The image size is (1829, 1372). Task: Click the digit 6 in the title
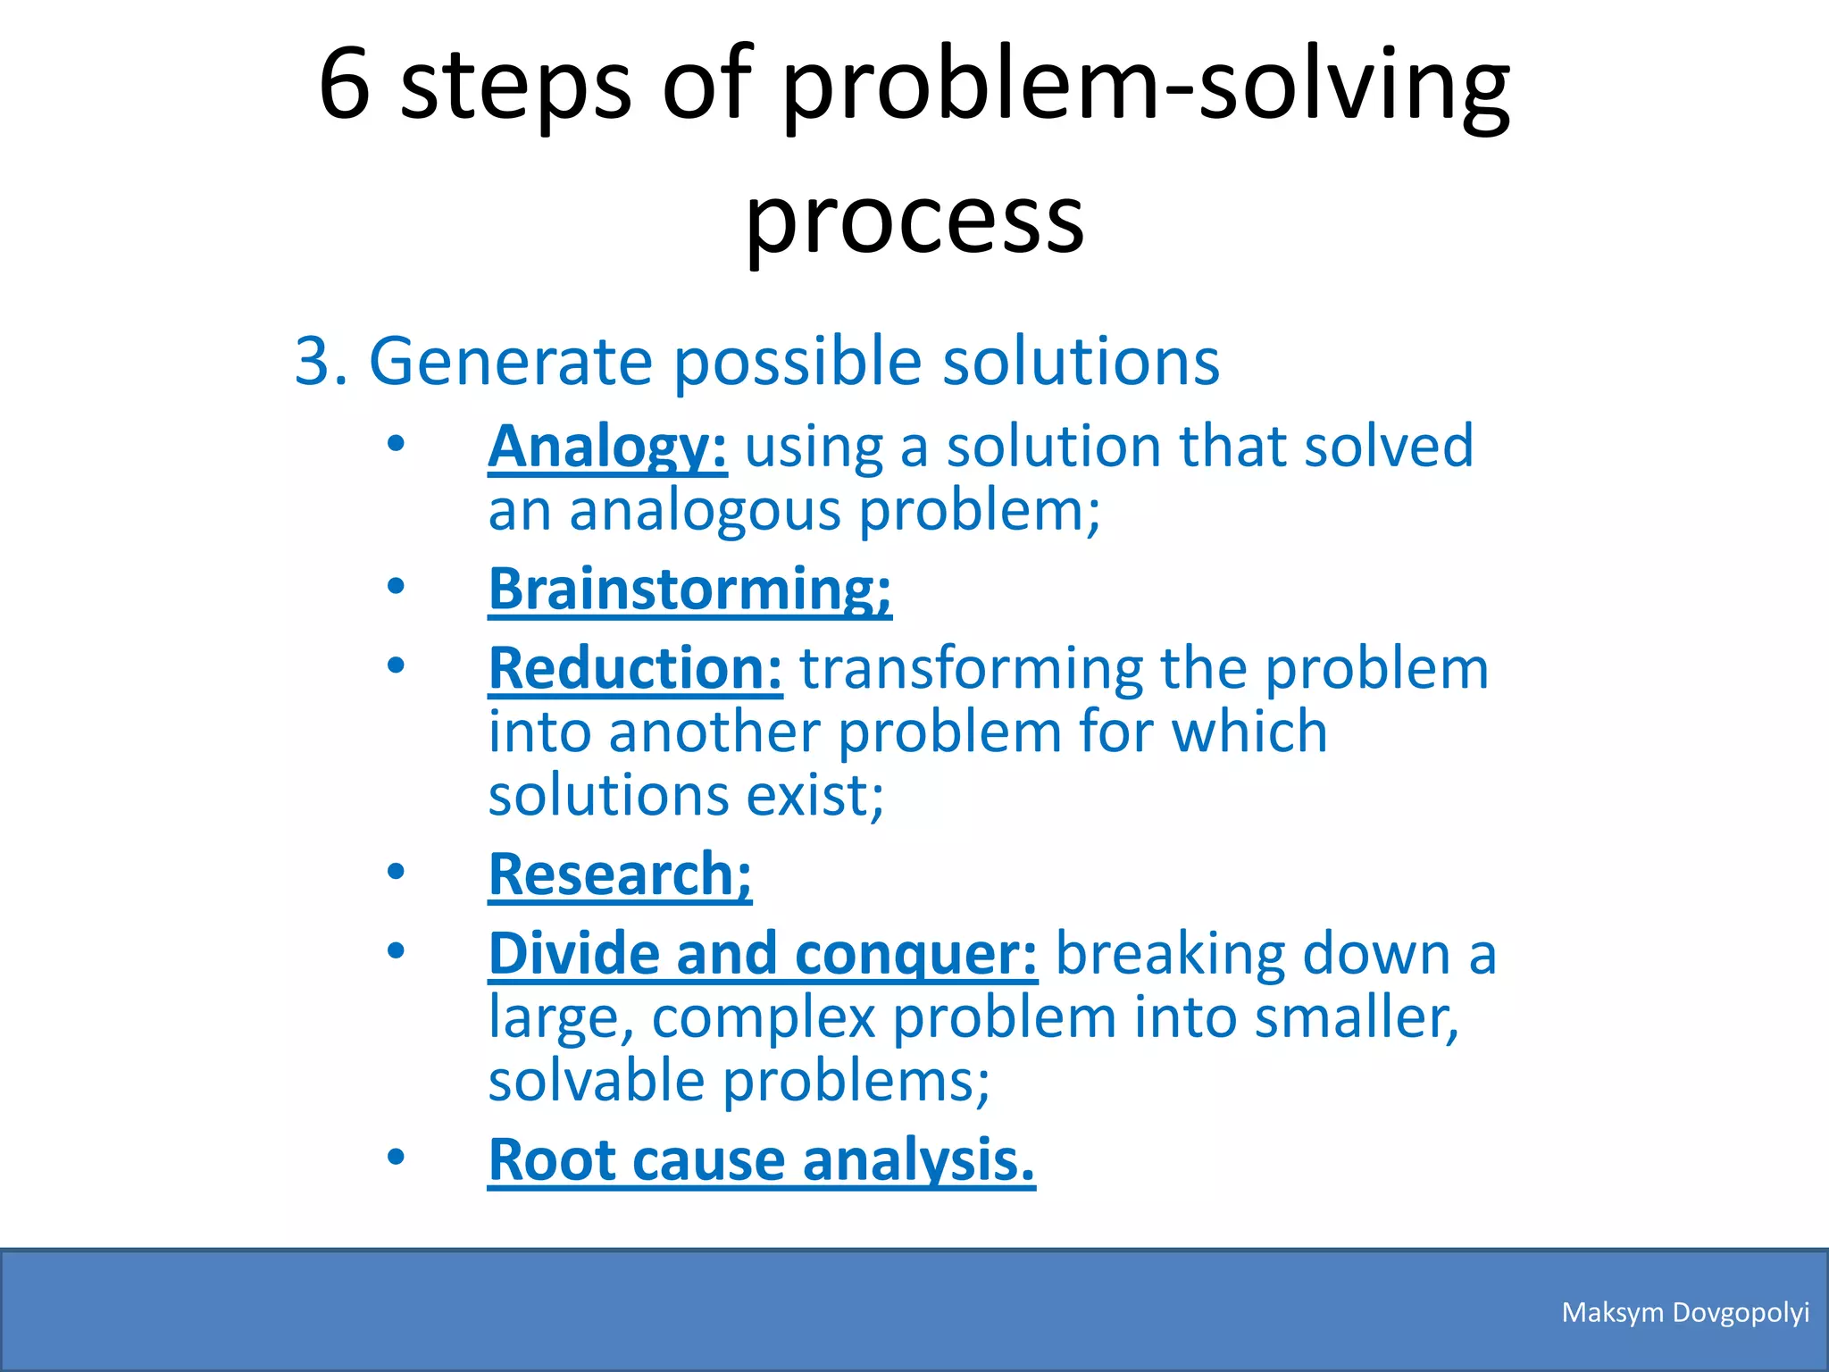pos(345,85)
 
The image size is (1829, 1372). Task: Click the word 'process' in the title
pos(914,219)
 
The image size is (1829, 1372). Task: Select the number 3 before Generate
pos(313,362)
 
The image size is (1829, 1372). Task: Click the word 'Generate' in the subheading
pos(511,362)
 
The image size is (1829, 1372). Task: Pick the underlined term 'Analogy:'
pos(607,447)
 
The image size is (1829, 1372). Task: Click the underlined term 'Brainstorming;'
pos(689,590)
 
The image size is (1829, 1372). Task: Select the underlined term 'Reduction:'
pos(635,669)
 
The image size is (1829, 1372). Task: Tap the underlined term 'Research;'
pos(620,874)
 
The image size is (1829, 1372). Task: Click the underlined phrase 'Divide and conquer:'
pos(763,954)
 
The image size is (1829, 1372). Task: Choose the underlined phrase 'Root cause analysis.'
pos(761,1160)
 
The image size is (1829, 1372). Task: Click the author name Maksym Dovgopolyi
pos(1685,1312)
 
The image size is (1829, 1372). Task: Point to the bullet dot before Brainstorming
pos(396,587)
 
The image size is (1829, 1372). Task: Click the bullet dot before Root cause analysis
pos(396,1158)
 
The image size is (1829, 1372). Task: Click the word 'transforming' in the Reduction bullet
pos(970,669)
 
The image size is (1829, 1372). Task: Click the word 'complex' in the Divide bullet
pos(763,1017)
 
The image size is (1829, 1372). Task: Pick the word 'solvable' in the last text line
pos(597,1081)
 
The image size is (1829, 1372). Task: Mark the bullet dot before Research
pos(396,872)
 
